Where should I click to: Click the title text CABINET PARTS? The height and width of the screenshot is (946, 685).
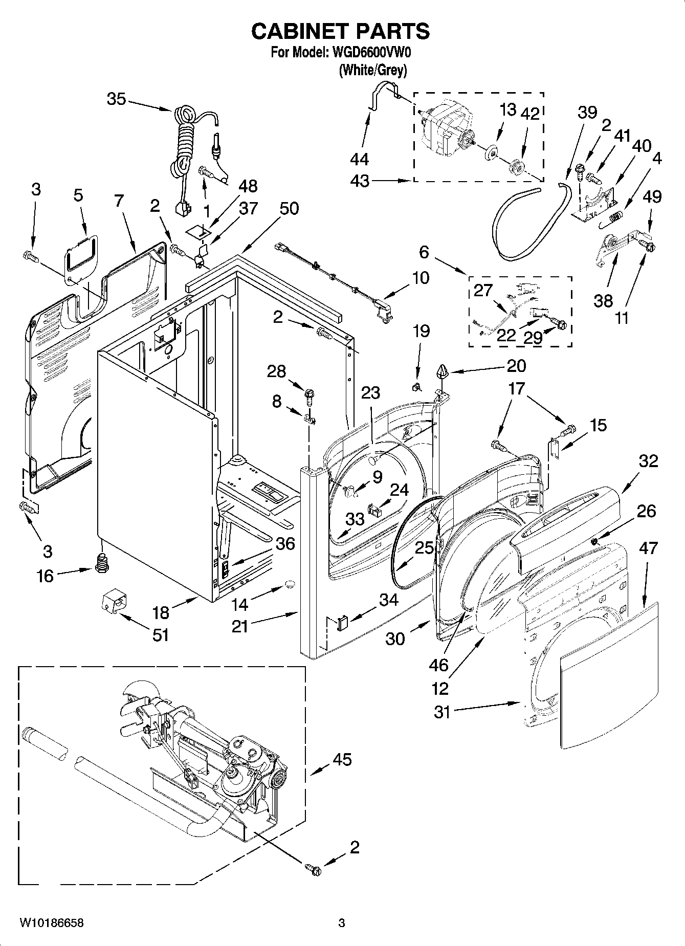click(340, 32)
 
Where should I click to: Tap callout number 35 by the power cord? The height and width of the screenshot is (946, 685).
click(116, 99)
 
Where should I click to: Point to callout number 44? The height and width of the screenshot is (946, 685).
click(360, 159)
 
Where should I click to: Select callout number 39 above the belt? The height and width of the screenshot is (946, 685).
click(587, 112)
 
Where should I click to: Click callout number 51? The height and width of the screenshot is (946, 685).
click(160, 635)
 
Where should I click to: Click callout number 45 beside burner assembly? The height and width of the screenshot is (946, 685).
click(341, 760)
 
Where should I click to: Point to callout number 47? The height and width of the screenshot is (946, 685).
click(648, 548)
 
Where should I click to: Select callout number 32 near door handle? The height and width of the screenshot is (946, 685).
click(648, 461)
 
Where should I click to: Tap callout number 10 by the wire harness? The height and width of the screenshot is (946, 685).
click(421, 278)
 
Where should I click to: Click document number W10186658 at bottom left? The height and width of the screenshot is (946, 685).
click(51, 923)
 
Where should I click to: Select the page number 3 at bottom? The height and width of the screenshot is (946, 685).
click(342, 923)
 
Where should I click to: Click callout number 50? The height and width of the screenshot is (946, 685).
click(289, 208)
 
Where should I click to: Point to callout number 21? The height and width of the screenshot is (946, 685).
click(239, 626)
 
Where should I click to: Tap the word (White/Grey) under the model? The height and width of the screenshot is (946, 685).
click(372, 70)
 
